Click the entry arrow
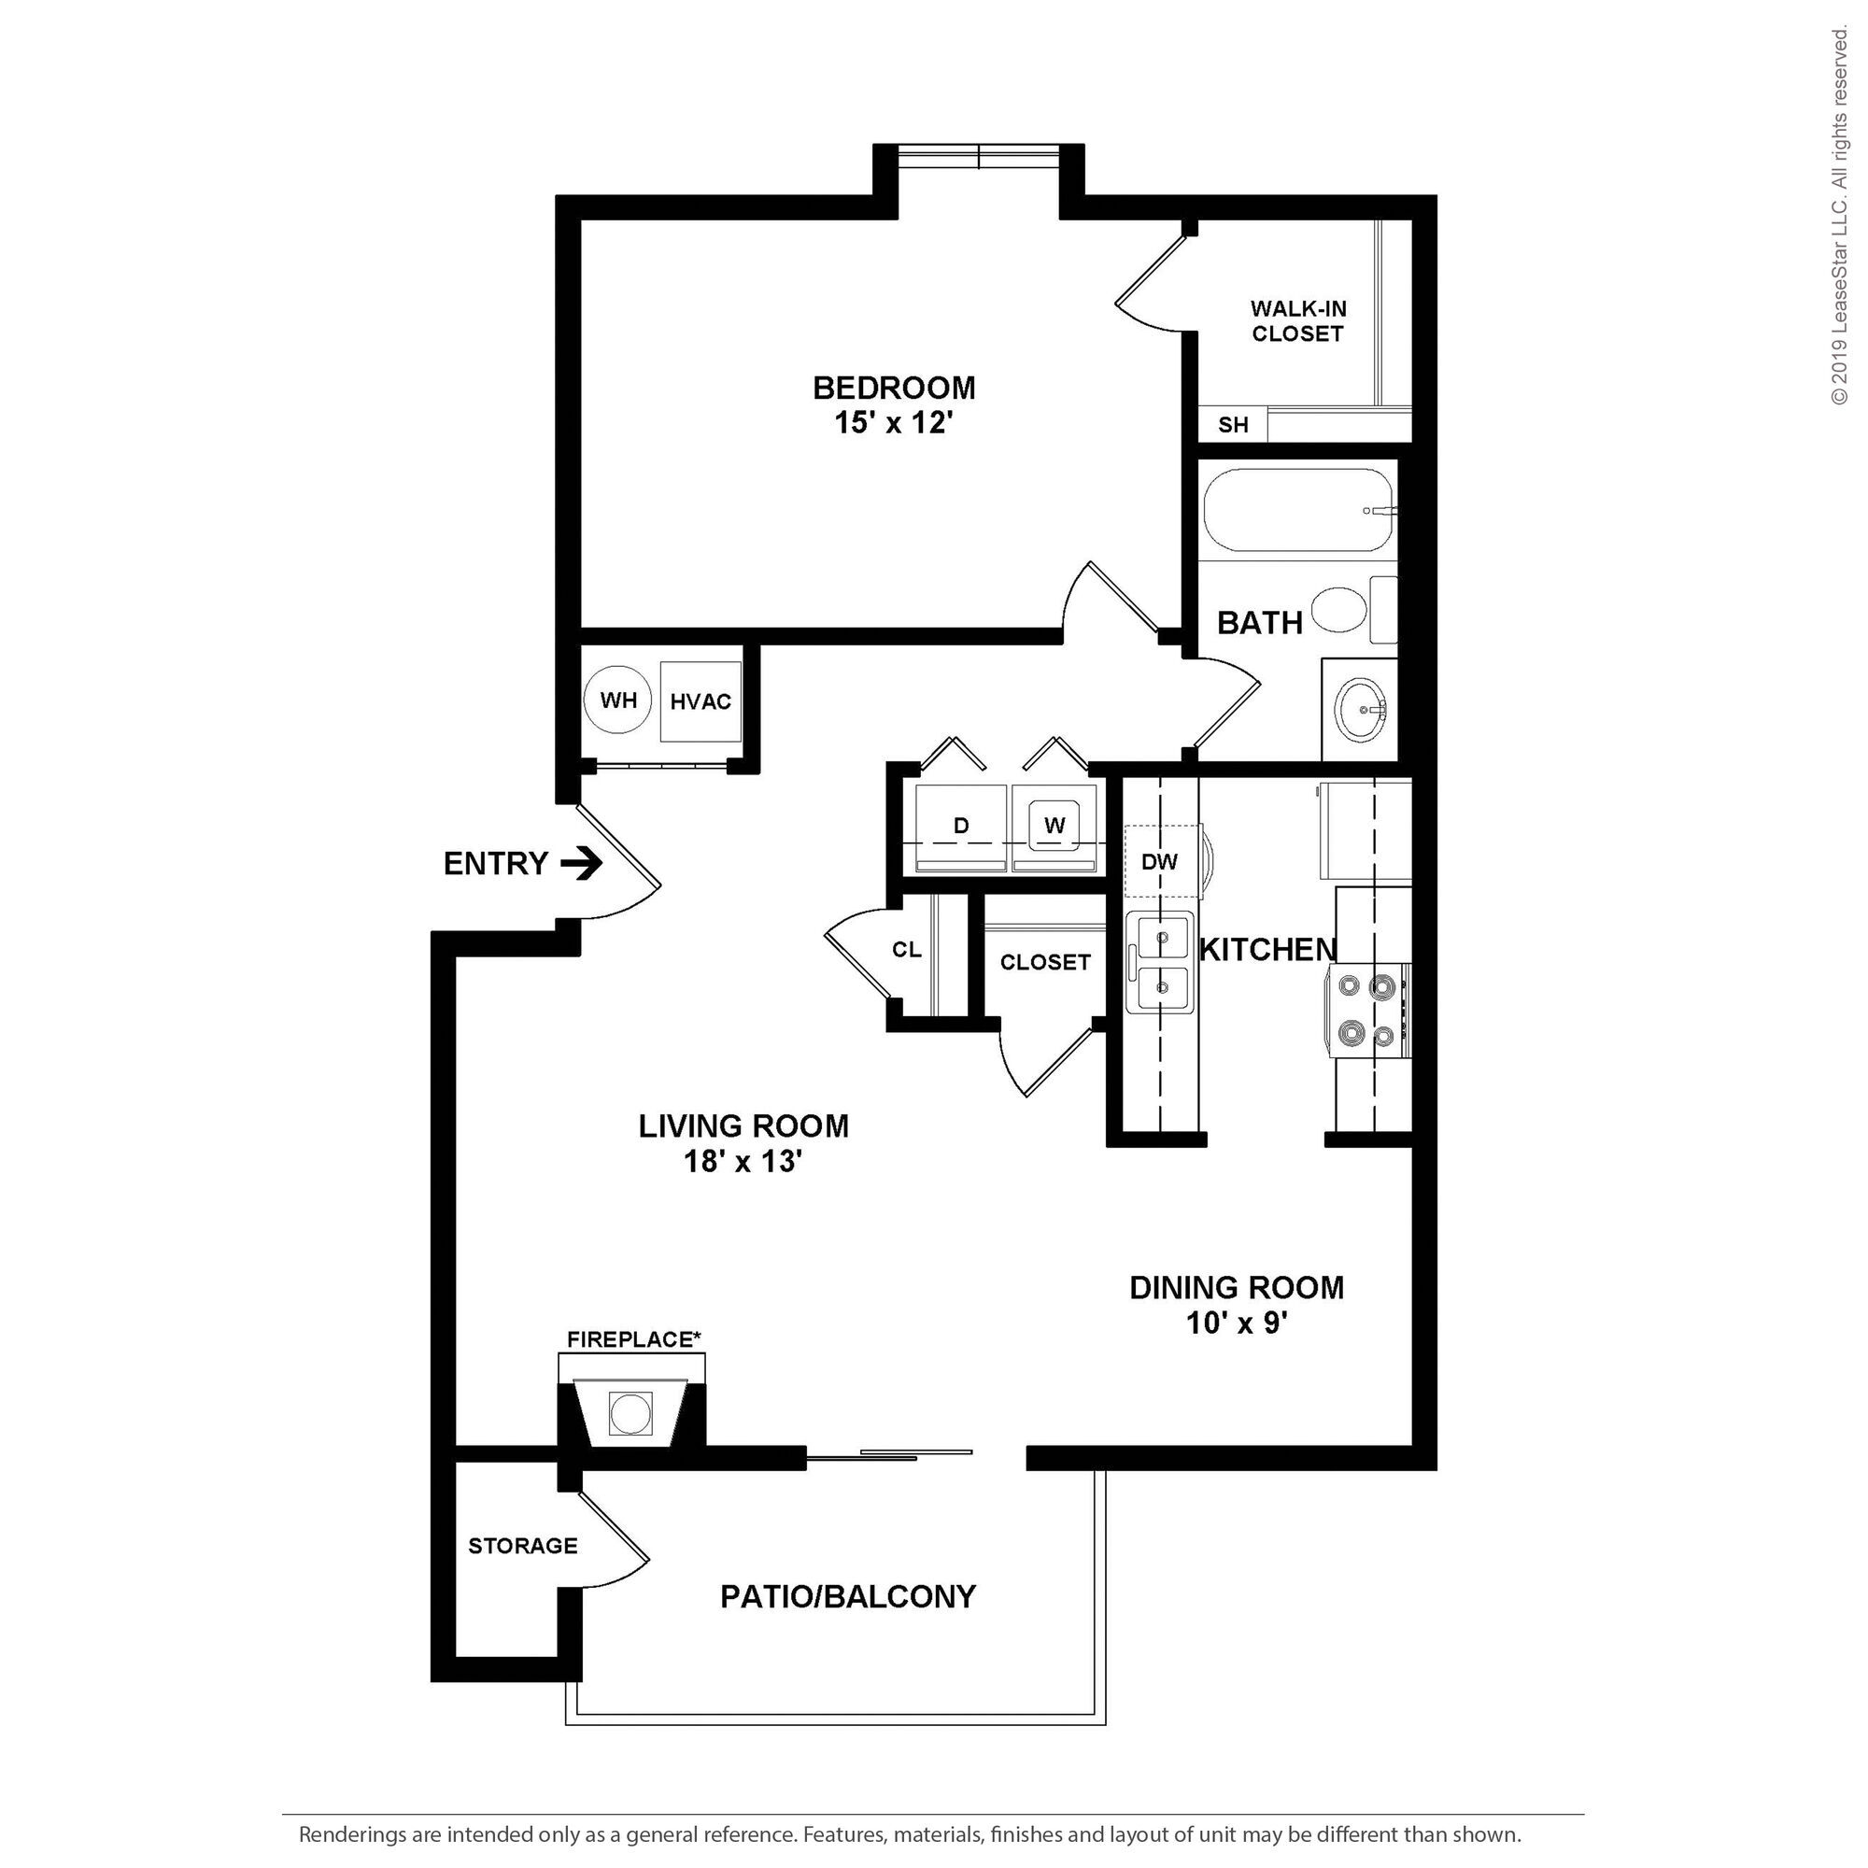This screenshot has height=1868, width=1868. click(x=581, y=862)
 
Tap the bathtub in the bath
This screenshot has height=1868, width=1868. click(x=1298, y=510)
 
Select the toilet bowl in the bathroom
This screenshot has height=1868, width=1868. click(x=1340, y=610)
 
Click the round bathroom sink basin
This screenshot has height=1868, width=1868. click(x=1362, y=710)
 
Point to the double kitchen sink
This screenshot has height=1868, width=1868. click(x=1160, y=962)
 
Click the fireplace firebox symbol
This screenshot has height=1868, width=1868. click(x=630, y=1412)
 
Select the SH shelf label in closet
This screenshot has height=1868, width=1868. click(x=1233, y=424)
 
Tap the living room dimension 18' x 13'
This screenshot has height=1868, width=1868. click(x=743, y=1161)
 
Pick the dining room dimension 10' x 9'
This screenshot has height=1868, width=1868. click(x=1237, y=1323)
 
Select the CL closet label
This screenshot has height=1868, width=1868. click(x=907, y=951)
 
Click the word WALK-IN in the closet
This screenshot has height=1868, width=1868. click(x=1298, y=308)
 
